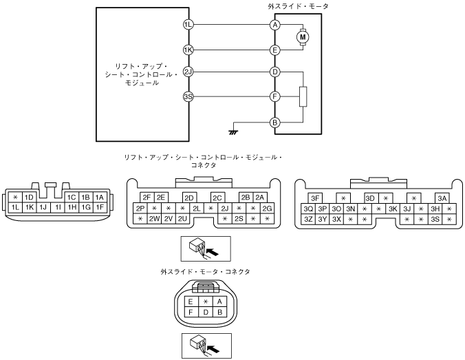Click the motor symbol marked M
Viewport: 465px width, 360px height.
[303, 37]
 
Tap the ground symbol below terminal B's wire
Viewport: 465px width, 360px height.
[233, 132]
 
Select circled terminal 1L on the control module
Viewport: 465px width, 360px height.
[188, 25]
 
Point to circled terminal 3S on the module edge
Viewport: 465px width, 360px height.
[188, 97]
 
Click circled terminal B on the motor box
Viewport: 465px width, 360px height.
[275, 123]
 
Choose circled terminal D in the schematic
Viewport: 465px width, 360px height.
[275, 72]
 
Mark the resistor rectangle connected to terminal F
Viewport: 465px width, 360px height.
[303, 96]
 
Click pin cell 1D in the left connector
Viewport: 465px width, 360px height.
[29, 198]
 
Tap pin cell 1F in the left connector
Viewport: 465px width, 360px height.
[100, 207]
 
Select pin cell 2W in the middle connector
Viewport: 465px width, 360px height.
[154, 219]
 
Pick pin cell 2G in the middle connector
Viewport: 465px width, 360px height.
[267, 209]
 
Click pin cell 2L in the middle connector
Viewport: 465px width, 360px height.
[197, 209]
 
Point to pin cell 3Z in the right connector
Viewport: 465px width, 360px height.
[308, 220]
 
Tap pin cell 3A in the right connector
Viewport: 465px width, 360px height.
[442, 198]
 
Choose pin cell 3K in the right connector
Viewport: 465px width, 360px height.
[393, 209]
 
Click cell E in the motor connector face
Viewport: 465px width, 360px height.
[191, 301]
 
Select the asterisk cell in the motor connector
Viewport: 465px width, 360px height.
[206, 301]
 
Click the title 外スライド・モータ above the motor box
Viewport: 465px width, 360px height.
[298, 6]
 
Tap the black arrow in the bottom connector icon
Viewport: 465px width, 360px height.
[213, 348]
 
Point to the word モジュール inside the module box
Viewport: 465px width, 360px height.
[142, 83]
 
